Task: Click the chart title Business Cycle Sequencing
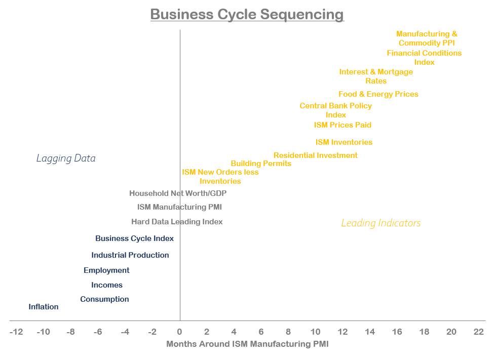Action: tap(247, 14)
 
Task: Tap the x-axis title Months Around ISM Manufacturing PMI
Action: tap(247, 344)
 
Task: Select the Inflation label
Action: tap(44, 307)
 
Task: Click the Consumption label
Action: tap(104, 299)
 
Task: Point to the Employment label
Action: tap(106, 270)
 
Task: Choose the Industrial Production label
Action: tap(130, 255)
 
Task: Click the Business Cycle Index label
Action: tap(134, 238)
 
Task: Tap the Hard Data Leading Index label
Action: tap(177, 222)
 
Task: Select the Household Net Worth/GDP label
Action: tap(178, 193)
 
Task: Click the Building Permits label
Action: tap(261, 164)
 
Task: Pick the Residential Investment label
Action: tap(316, 155)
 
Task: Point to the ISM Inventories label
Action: tap(344, 142)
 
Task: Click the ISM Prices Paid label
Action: tap(342, 125)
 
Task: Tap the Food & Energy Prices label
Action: tap(378, 94)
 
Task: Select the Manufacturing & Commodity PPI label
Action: tap(427, 38)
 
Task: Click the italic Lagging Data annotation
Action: tap(66, 158)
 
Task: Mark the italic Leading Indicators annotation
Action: tap(381, 223)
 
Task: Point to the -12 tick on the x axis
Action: tap(16, 332)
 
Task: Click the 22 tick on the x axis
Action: tap(478, 332)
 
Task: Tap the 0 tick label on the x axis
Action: tap(179, 332)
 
